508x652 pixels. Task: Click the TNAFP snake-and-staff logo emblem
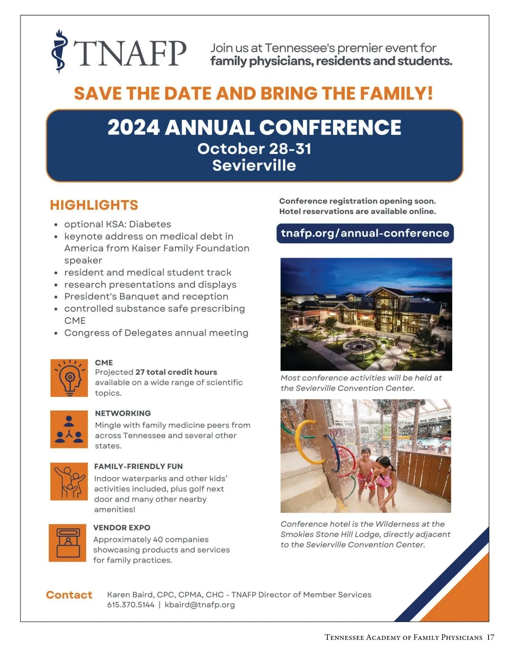tap(59, 51)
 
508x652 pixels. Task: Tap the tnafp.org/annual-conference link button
tap(364, 233)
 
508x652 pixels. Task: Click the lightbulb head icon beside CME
tap(69, 378)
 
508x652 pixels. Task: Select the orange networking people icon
tap(69, 429)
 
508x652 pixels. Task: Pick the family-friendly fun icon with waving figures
tap(69, 481)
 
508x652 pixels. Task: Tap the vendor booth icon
tap(67, 543)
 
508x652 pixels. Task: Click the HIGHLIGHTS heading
tap(94, 205)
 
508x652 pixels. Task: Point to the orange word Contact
tap(69, 595)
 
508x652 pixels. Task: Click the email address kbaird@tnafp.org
tap(200, 605)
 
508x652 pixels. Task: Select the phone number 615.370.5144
tap(131, 604)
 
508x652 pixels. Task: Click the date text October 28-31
tap(254, 149)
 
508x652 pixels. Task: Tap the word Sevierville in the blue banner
tap(254, 165)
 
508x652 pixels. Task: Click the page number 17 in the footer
tap(490, 637)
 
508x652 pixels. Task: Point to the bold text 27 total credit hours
tap(176, 372)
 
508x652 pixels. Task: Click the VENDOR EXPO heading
tap(122, 528)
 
